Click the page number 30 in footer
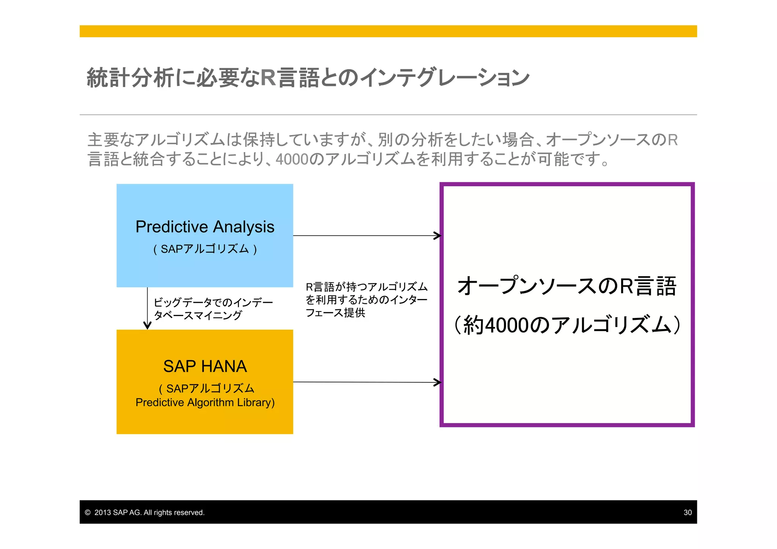pyautogui.click(x=687, y=513)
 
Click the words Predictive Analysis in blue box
pyautogui.click(x=205, y=227)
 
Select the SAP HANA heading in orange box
pyautogui.click(x=205, y=367)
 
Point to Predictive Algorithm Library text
pyautogui.click(x=205, y=403)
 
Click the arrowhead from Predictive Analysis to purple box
pyautogui.click(x=438, y=236)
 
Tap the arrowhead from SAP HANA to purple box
pyautogui.click(x=438, y=382)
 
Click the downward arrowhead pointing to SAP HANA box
pyautogui.click(x=148, y=326)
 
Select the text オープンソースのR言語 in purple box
pyautogui.click(x=567, y=286)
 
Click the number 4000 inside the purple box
pyautogui.click(x=507, y=326)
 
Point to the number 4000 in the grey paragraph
pyautogui.click(x=292, y=159)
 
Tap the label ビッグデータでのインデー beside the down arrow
pyautogui.click(x=213, y=302)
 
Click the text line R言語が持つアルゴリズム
pyautogui.click(x=366, y=287)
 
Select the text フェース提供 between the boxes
pyautogui.click(x=335, y=313)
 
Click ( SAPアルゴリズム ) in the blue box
pyautogui.click(x=205, y=249)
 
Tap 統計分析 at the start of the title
pyautogui.click(x=131, y=77)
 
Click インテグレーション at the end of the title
pyautogui.click(x=444, y=77)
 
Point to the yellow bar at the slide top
pyautogui.click(x=388, y=31)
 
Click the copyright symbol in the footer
pyautogui.click(x=88, y=513)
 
